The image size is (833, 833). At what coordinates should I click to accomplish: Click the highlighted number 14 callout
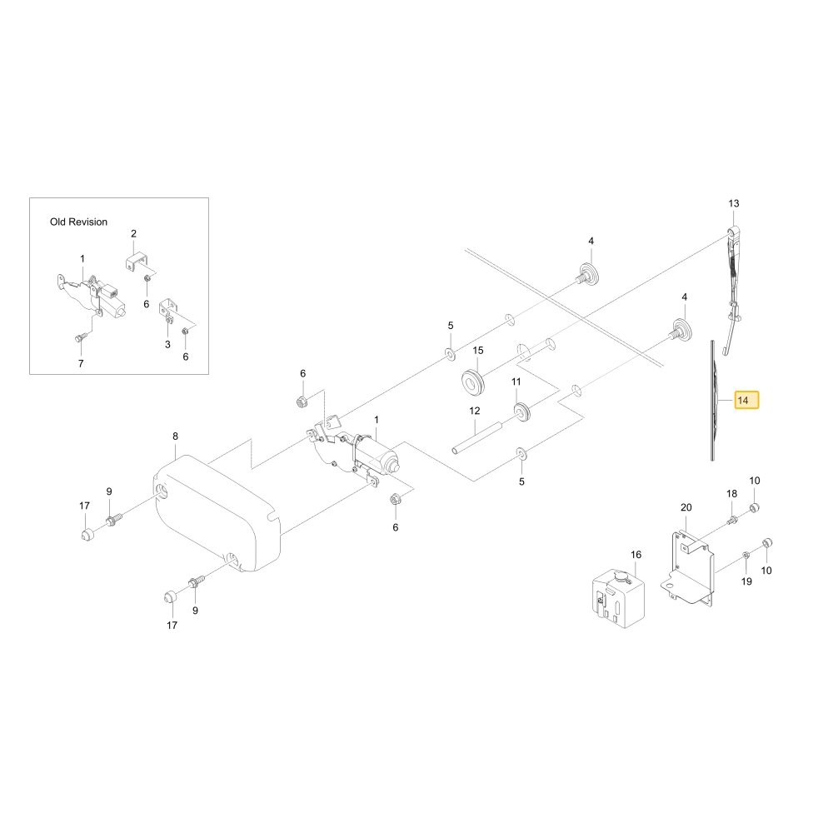click(746, 400)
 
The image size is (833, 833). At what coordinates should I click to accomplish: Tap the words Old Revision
click(78, 222)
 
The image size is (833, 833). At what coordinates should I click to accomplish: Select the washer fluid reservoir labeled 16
click(618, 597)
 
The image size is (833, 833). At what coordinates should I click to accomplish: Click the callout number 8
click(175, 436)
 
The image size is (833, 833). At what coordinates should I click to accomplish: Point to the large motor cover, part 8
click(217, 513)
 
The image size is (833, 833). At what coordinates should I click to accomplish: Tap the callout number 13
click(734, 203)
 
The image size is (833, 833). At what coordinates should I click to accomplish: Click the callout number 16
click(636, 555)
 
